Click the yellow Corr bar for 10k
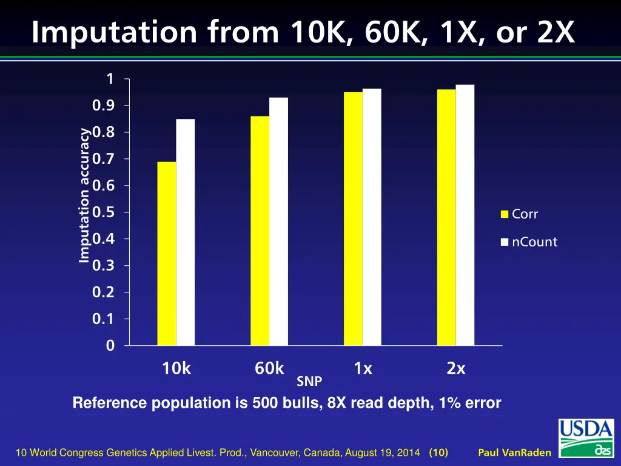coord(167,254)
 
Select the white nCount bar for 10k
coord(186,232)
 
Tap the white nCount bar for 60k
coord(279,221)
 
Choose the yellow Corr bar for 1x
coord(353,218)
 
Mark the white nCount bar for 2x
coord(465,215)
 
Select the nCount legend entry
coord(528,242)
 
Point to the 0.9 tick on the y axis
coord(102,106)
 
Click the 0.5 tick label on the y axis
coord(102,212)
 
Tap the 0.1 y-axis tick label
coord(102,319)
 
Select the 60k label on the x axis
coord(269,368)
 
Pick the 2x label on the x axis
coord(456,368)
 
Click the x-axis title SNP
coord(309,382)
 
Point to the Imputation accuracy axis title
coord(84,195)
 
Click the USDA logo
coord(586,438)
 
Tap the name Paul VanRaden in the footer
coord(514,453)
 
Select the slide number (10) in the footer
coord(438,453)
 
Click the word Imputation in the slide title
coord(115,32)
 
